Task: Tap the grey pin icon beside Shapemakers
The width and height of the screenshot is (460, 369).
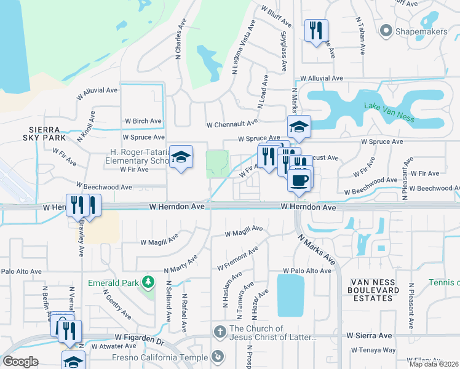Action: (x=387, y=30)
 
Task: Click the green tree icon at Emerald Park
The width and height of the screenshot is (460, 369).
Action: (x=148, y=282)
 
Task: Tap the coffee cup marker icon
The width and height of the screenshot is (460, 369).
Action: (x=299, y=180)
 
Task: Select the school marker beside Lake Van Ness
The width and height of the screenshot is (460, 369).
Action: (x=299, y=127)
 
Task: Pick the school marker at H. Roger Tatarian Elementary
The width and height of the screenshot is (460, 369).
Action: (x=181, y=157)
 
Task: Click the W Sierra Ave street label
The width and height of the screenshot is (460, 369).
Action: (x=368, y=336)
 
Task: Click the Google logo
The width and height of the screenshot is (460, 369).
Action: (x=20, y=361)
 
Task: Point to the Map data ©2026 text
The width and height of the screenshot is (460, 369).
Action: (x=433, y=364)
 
